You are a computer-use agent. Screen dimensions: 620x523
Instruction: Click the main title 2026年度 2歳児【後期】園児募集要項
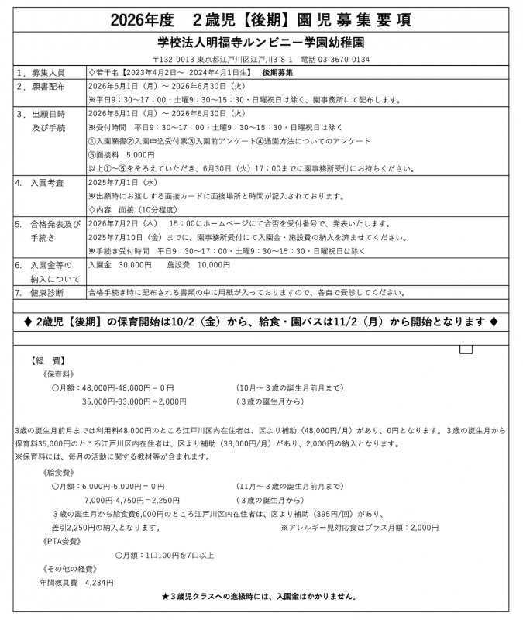[x=261, y=19]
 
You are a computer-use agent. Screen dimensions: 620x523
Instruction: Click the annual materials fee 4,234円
[x=98, y=583]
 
